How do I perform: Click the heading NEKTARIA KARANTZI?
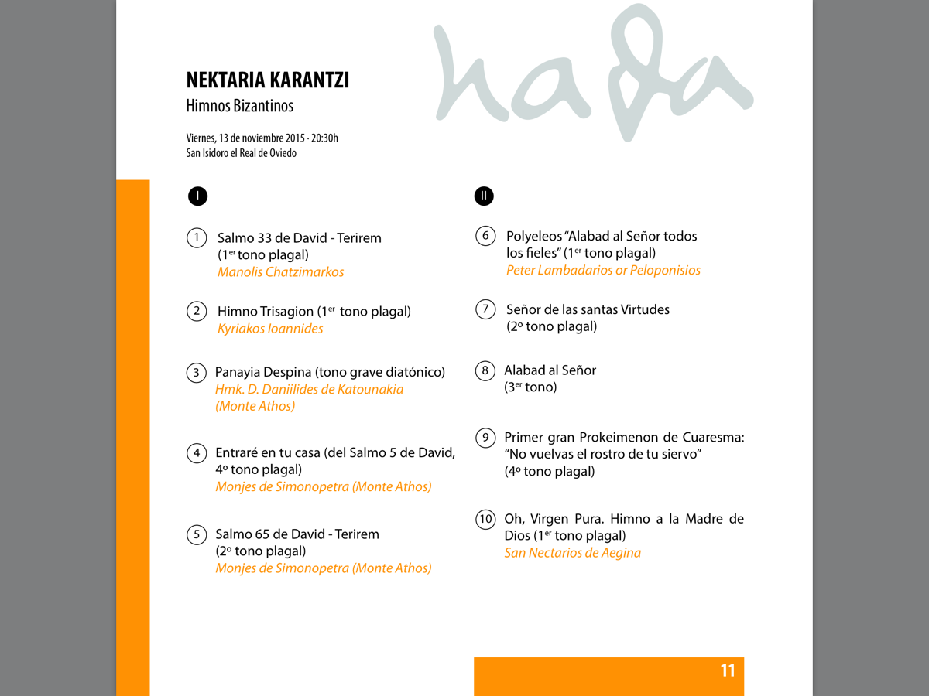click(267, 80)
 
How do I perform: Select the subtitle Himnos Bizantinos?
click(239, 106)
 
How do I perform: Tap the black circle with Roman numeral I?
click(197, 196)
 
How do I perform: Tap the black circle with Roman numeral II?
click(484, 196)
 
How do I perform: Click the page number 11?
click(727, 670)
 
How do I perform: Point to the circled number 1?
click(197, 237)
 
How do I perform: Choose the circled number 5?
click(197, 534)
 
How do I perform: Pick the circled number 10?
click(485, 519)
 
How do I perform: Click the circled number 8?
click(485, 370)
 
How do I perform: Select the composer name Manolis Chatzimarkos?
click(280, 272)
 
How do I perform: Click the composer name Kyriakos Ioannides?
click(270, 329)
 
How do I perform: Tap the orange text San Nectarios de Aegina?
click(572, 553)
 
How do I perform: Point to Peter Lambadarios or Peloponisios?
click(603, 271)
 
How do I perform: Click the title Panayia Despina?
click(263, 372)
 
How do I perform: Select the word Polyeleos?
click(533, 236)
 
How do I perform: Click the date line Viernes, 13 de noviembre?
click(262, 138)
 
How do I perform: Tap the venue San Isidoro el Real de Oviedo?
click(241, 153)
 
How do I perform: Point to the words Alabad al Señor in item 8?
click(550, 370)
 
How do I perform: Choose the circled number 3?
click(197, 373)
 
